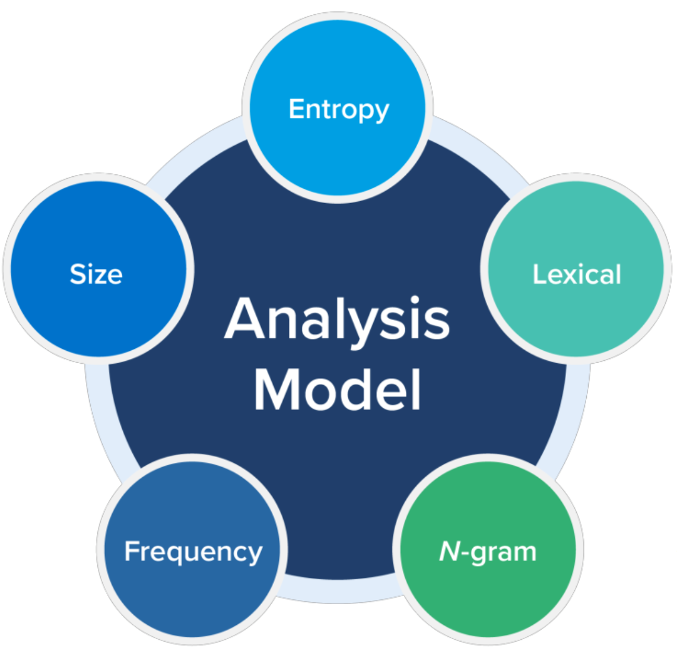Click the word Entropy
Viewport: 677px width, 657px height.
click(x=339, y=110)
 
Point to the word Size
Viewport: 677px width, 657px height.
click(x=96, y=274)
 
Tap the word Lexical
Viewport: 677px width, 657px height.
click(x=577, y=274)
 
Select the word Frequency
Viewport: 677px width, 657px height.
click(x=193, y=552)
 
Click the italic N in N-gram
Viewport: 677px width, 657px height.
click(x=450, y=552)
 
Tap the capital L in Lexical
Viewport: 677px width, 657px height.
click(x=538, y=274)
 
